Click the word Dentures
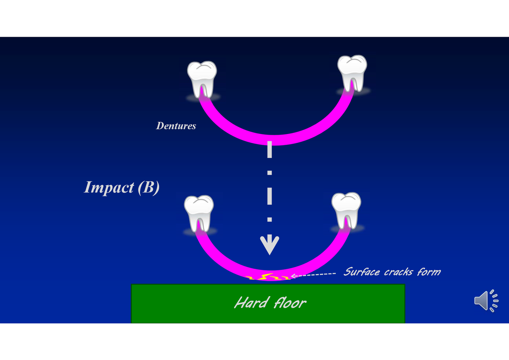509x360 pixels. click(x=176, y=126)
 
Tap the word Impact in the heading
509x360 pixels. click(x=109, y=187)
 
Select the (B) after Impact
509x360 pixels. click(x=148, y=187)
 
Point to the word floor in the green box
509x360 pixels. click(x=290, y=303)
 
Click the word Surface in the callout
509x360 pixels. click(x=361, y=272)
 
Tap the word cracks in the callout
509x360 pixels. click(x=398, y=272)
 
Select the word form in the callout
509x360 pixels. click(x=429, y=272)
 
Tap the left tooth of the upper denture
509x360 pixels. click(x=202, y=78)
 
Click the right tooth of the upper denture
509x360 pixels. click(x=352, y=73)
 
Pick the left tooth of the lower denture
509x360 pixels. click(x=199, y=212)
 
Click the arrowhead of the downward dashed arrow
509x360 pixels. click(x=269, y=245)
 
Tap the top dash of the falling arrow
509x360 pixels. click(x=269, y=149)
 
